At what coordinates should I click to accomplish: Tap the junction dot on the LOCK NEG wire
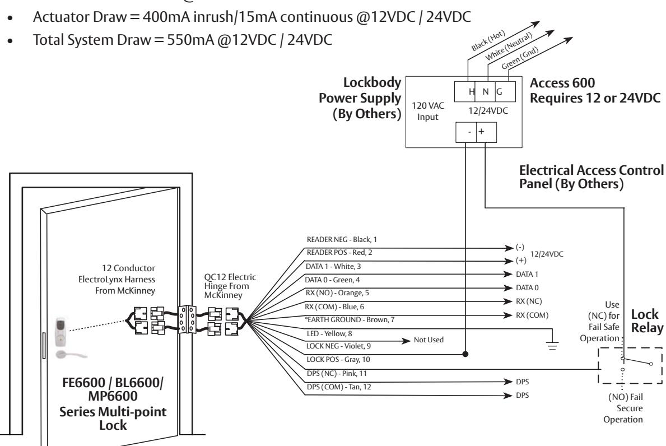pos(465,354)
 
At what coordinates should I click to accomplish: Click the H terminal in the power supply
pos(471,92)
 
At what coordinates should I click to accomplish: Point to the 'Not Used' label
pos(429,340)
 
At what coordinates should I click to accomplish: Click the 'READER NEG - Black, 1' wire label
pos(342,240)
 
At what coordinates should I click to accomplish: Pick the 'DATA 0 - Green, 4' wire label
pos(332,280)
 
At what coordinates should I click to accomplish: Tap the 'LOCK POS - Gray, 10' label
pos(338,359)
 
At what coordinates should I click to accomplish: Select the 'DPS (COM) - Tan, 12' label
pos(338,387)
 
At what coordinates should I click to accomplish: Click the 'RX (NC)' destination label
pos(529,301)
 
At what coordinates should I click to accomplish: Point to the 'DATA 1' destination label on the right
pos(527,275)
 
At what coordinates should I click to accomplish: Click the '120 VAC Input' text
pos(428,112)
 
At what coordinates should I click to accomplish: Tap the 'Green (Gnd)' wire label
pos(520,58)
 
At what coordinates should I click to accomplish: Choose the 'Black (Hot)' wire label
pos(488,41)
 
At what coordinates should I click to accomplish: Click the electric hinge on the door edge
pos(187,319)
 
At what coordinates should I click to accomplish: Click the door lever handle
pos(71,354)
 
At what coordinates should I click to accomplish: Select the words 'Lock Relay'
pos(647,321)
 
